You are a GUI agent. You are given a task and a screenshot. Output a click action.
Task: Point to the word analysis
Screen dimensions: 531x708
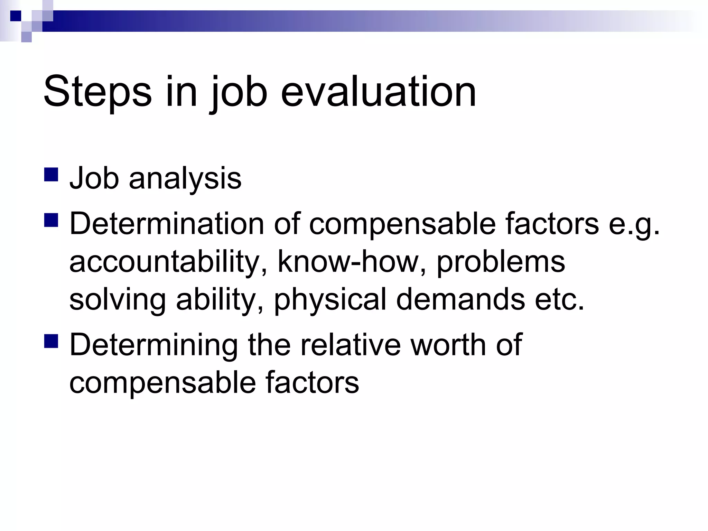point(185,179)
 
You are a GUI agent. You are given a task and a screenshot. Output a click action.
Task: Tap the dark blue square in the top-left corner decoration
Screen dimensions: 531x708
point(16,16)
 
